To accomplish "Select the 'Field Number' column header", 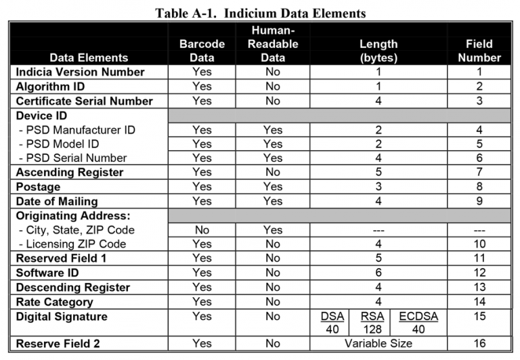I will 479,50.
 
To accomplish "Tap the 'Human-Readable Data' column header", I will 272,43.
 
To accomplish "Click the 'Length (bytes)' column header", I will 378,50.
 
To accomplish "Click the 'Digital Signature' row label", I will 63,316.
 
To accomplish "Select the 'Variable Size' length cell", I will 378,344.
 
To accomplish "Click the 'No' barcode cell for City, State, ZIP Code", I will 202,229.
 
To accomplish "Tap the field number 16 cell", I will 479,344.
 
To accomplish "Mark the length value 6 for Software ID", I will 378,273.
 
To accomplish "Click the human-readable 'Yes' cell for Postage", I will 272,187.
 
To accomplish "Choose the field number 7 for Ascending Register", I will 479,173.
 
